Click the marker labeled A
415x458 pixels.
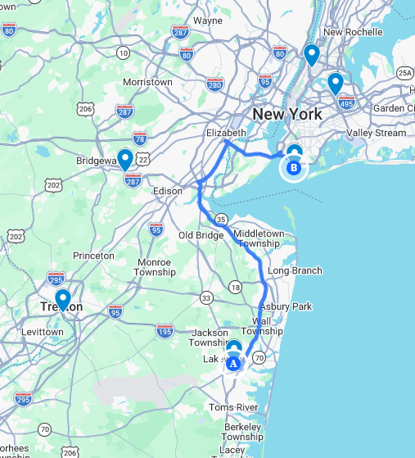click(233, 361)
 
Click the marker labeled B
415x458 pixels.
click(294, 170)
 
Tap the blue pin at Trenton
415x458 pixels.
click(62, 300)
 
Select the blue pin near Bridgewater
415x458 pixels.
click(125, 157)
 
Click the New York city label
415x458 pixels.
click(288, 113)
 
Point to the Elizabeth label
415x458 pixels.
click(227, 132)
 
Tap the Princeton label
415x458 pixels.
click(93, 256)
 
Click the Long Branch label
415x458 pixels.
click(295, 270)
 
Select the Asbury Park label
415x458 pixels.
click(291, 306)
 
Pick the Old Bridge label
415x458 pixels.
click(201, 236)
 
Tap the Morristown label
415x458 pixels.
click(147, 82)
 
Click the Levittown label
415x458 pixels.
click(41, 332)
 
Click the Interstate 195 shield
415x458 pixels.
click(165, 330)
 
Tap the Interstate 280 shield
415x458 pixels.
click(215, 84)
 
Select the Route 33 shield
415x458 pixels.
click(206, 297)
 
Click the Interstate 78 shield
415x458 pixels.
click(139, 138)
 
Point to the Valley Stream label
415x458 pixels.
click(376, 133)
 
